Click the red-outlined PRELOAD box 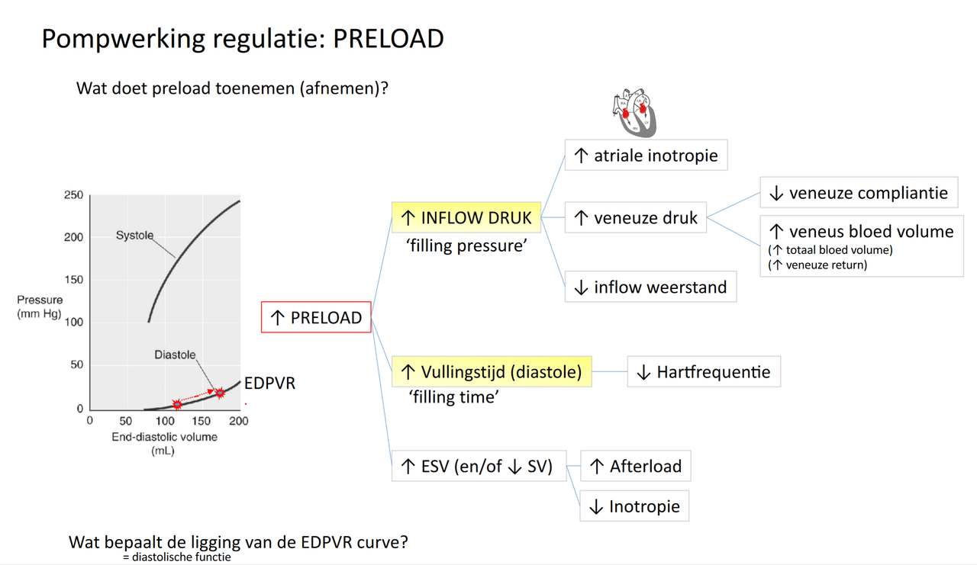pyautogui.click(x=316, y=317)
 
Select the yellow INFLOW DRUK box pyautogui.click(x=466, y=218)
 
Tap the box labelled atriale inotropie pyautogui.click(x=646, y=156)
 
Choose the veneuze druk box pyautogui.click(x=636, y=219)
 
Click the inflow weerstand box pyautogui.click(x=650, y=287)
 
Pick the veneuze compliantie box pyautogui.click(x=858, y=193)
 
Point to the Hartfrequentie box pyautogui.click(x=704, y=372)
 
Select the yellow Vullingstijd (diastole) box pyautogui.click(x=492, y=372)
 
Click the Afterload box pyautogui.click(x=636, y=466)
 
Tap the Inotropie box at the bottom pyautogui.click(x=634, y=506)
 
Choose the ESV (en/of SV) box pyautogui.click(x=479, y=466)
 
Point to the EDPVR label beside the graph pyautogui.click(x=270, y=384)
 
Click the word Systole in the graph pyautogui.click(x=134, y=236)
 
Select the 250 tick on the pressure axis pyautogui.click(x=73, y=195)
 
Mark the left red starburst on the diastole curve pyautogui.click(x=177, y=403)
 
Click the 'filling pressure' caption pyautogui.click(x=467, y=246)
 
